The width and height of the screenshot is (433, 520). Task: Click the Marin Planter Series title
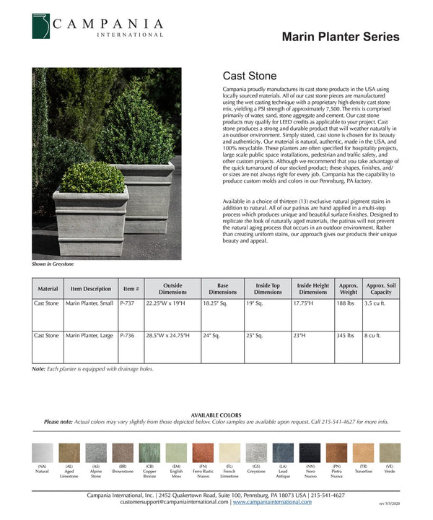click(340, 37)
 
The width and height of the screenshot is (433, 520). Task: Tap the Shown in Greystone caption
click(53, 264)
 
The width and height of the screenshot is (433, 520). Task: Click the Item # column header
click(131, 289)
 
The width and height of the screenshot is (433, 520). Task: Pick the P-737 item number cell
click(128, 304)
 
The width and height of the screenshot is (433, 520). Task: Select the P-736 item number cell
click(128, 336)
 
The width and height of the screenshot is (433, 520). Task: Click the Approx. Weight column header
click(348, 289)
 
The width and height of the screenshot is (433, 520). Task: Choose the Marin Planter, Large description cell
click(89, 336)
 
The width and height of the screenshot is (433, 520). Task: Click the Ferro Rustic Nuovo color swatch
click(203, 453)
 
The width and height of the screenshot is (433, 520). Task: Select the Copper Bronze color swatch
click(149, 453)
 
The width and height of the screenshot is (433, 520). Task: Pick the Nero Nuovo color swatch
click(310, 453)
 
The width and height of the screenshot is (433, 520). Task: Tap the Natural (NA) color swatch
click(43, 453)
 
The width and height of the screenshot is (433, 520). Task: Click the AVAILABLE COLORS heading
click(216, 415)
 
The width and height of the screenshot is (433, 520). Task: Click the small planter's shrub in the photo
click(91, 177)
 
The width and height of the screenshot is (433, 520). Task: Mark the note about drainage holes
click(92, 369)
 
